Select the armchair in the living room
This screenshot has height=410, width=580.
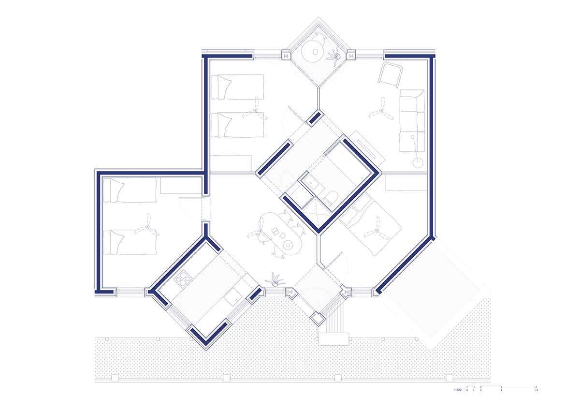pos(390,73)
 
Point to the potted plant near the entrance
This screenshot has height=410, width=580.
pos(276,279)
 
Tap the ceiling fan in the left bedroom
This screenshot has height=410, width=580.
pos(145,228)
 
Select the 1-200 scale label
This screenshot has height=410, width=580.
pos(457,389)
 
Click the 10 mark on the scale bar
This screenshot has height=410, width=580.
pos(536,389)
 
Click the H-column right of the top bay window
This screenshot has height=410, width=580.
pos(350,56)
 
